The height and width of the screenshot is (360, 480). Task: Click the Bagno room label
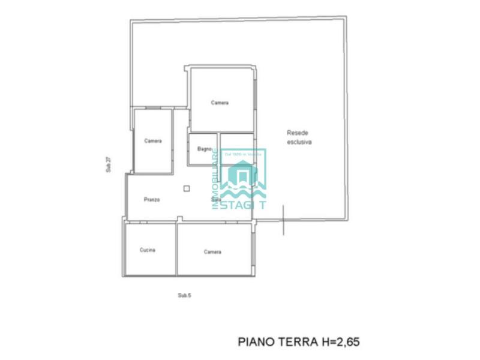[205, 149]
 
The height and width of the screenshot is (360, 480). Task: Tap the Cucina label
[148, 250]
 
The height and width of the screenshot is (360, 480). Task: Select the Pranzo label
[152, 199]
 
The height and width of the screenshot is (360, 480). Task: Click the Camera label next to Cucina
[212, 252]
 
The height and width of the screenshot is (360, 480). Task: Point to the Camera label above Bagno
[220, 103]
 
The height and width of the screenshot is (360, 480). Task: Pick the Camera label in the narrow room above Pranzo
[153, 141]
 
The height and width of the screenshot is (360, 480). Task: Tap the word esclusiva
[299, 142]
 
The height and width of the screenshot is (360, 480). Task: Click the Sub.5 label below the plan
[184, 295]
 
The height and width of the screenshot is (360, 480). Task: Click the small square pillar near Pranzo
[187, 188]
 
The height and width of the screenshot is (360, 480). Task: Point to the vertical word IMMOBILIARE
[215, 179]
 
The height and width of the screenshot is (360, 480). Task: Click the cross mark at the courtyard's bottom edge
[283, 219]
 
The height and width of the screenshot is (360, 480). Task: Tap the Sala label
[216, 199]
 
